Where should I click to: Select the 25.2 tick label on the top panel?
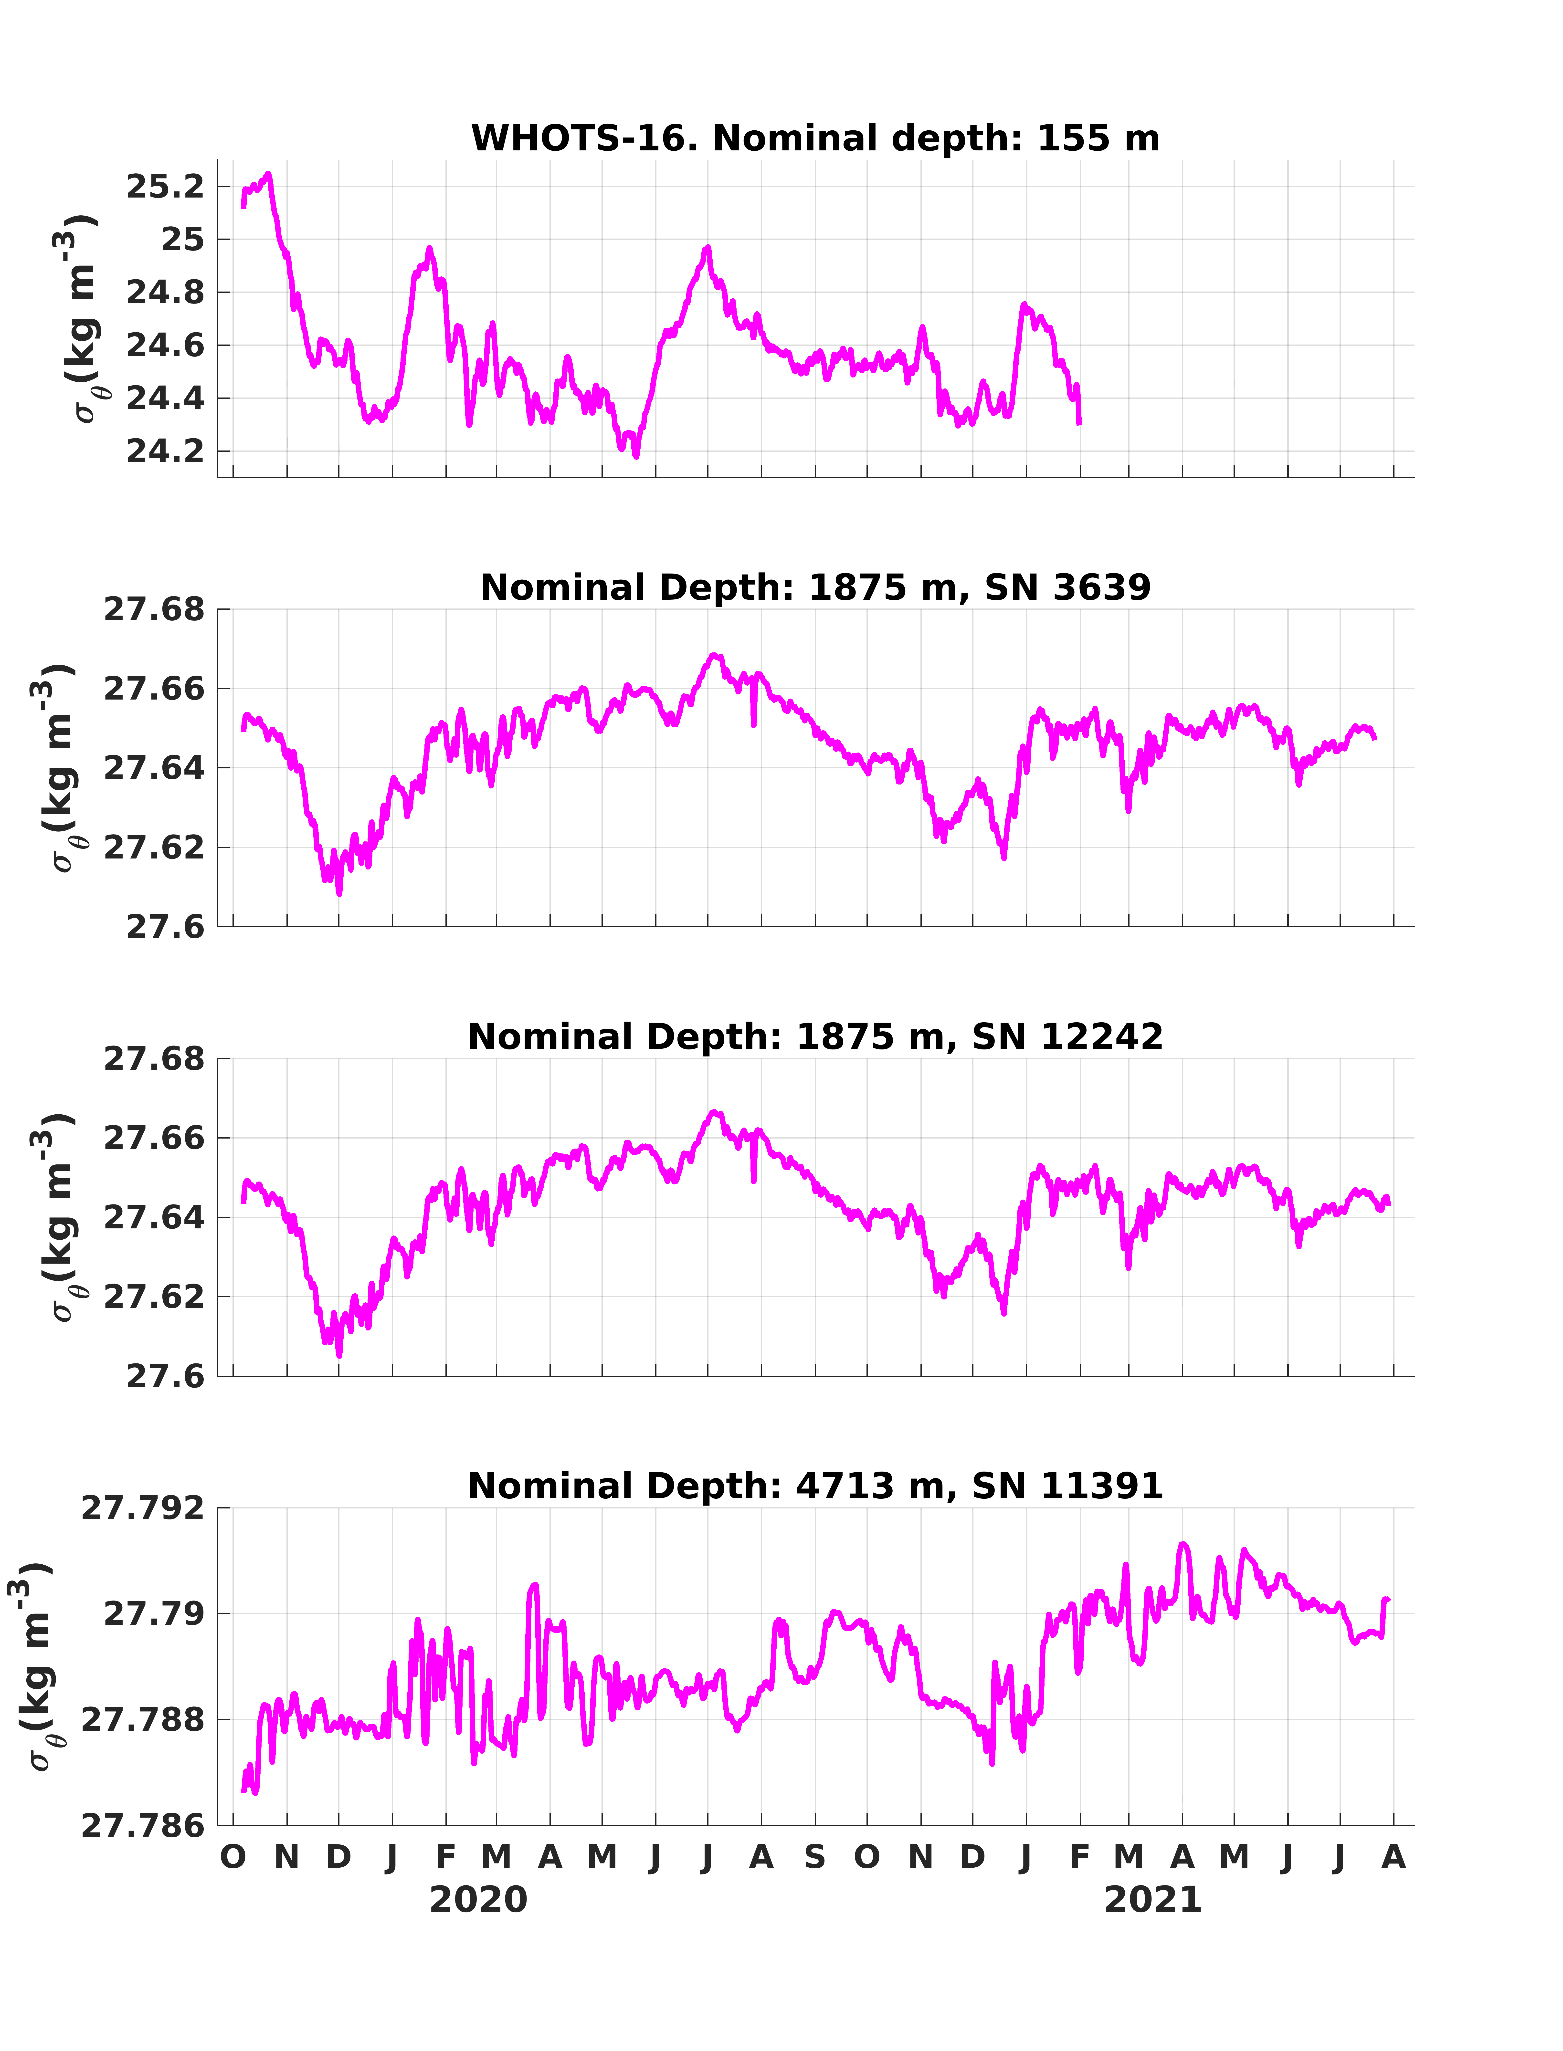[x=165, y=187]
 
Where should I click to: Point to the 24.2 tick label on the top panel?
[x=165, y=452]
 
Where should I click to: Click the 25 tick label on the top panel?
[x=182, y=240]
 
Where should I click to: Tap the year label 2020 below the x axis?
[x=478, y=1900]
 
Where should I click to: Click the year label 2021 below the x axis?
[x=1153, y=1900]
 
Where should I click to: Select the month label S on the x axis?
[x=815, y=1858]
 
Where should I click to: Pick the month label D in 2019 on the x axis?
[x=339, y=1858]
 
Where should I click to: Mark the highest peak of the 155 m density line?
[x=269, y=173]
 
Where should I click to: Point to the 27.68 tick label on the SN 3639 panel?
[x=154, y=610]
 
